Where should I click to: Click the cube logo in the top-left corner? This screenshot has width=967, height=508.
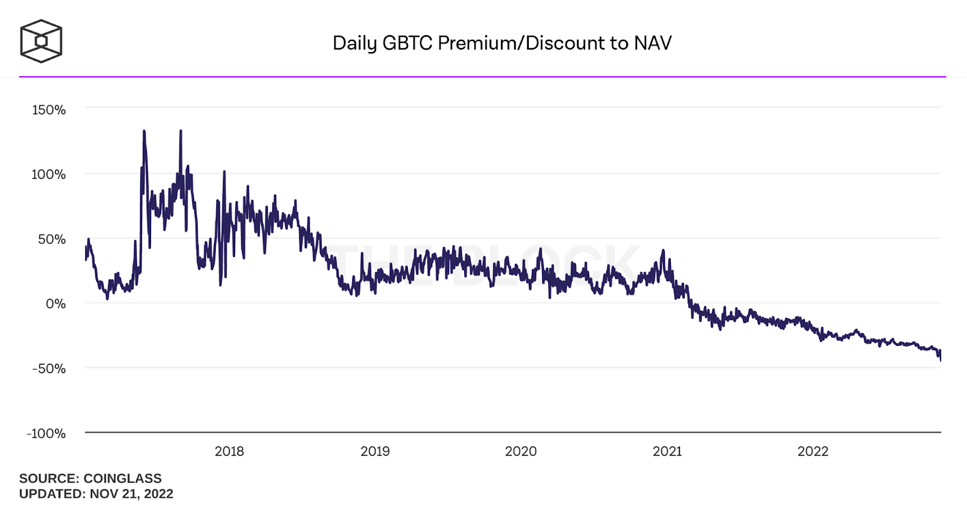[x=41, y=41]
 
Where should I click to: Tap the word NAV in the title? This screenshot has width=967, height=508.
[x=653, y=43]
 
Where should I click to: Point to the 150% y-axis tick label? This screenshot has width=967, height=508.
[x=49, y=110]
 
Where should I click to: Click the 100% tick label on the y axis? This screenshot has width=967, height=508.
[x=48, y=175]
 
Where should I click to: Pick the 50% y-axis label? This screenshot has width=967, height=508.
[x=52, y=239]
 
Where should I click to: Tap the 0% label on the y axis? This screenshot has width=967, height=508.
[x=56, y=304]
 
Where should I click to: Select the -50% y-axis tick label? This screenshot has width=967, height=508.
[x=49, y=369]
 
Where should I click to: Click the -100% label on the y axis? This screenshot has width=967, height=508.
[x=46, y=434]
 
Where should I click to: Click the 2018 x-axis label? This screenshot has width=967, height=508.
[x=230, y=451]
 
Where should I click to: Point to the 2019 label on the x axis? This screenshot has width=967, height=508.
[x=375, y=451]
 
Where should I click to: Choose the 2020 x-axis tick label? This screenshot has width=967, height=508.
[x=521, y=451]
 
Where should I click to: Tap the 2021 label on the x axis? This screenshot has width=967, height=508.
[x=667, y=451]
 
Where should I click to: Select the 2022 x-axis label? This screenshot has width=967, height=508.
[x=813, y=451]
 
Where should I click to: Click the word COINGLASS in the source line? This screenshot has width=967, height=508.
[x=123, y=478]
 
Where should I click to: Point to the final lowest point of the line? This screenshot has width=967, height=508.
[x=940, y=360]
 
